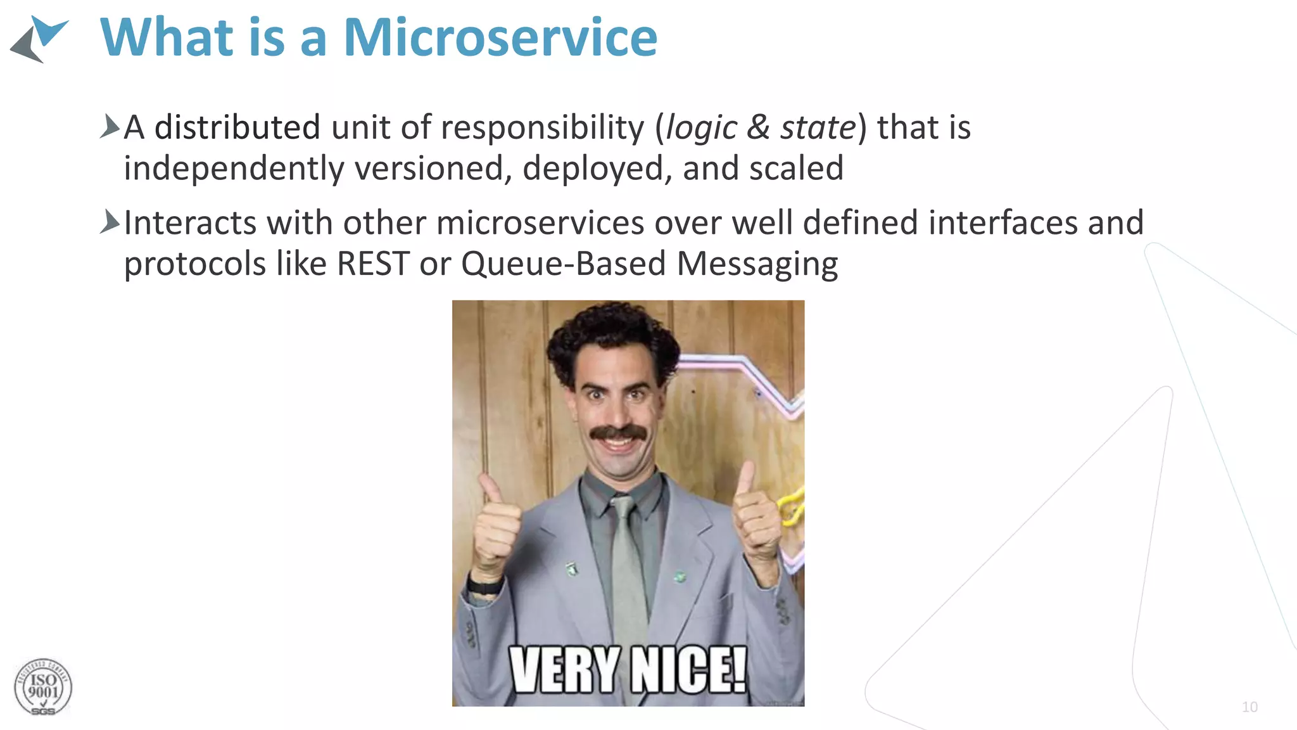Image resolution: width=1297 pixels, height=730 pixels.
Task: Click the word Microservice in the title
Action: click(x=500, y=38)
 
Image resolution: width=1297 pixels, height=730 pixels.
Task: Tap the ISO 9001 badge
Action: click(x=43, y=688)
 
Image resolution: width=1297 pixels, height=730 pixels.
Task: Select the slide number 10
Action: click(x=1250, y=707)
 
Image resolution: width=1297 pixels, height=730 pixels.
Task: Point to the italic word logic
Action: click(x=701, y=128)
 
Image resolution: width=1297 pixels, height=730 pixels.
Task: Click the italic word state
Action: click(x=818, y=128)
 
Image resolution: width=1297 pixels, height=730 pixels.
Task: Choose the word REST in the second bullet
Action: click(x=373, y=264)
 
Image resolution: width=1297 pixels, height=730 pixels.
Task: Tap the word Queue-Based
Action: click(x=563, y=264)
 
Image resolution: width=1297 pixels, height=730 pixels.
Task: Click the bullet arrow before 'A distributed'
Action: click(x=110, y=127)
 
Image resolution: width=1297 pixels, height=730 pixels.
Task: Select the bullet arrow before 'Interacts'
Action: click(x=110, y=222)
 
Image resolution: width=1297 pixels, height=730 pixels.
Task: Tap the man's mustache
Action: click(x=619, y=433)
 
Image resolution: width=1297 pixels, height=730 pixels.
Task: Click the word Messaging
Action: click(x=757, y=264)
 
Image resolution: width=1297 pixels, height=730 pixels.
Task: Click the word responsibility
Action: click(x=542, y=128)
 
